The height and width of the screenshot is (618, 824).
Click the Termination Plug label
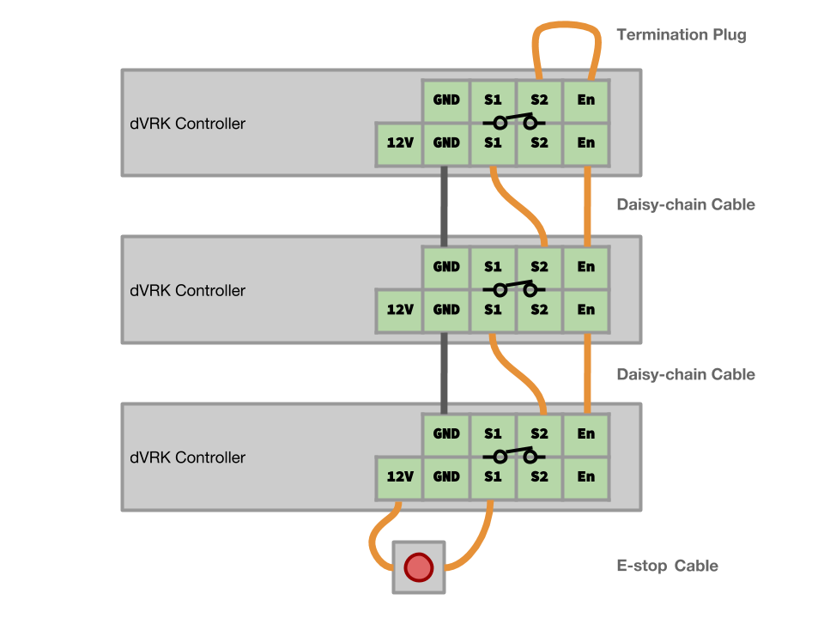682,35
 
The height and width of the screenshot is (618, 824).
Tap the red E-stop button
419,566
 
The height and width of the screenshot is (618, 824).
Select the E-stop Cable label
667,566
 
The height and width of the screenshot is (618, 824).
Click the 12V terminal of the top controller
400,143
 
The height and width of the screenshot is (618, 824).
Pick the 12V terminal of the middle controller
400,310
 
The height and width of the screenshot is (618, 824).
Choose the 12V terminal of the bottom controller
400,476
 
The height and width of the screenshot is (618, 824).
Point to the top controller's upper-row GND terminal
446,100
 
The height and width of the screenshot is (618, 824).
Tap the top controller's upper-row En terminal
585,100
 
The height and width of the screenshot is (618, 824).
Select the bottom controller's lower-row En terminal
585,476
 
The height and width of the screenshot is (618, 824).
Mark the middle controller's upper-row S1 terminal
493,267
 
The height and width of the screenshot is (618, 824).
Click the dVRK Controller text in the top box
187,124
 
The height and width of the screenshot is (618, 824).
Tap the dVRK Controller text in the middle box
187,291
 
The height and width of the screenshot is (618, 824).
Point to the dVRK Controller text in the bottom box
187,457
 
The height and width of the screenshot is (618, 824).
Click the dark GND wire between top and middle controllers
445,206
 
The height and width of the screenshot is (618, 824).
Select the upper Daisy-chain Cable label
686,204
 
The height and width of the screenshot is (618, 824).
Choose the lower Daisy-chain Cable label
686,374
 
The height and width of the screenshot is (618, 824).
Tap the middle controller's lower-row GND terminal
446,310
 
